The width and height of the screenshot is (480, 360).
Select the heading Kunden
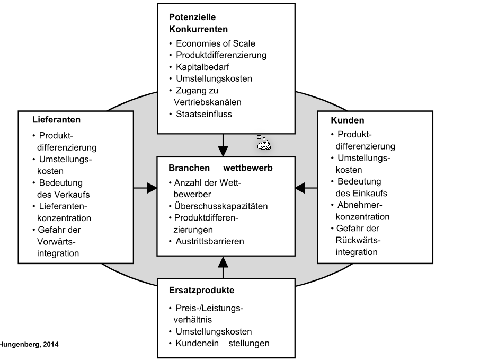[x=348, y=120]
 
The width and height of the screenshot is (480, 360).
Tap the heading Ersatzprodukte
[x=201, y=290]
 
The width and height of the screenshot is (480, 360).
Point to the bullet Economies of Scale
[x=215, y=43]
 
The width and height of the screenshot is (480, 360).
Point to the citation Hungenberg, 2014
[x=29, y=344]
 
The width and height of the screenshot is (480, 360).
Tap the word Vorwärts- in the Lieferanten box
[x=57, y=241]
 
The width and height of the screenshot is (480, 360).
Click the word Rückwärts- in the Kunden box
[x=358, y=240]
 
